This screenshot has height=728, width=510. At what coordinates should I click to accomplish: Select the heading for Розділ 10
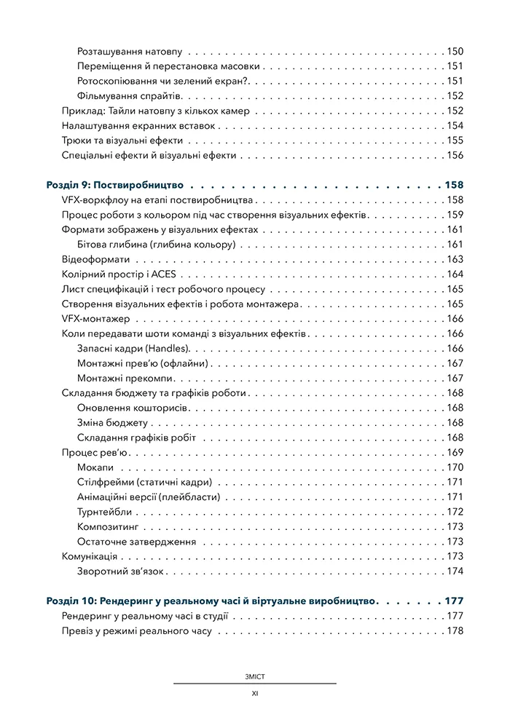211,601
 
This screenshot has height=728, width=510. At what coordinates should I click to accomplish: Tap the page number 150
455,52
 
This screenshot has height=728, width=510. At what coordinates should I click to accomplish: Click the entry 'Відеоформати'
96,259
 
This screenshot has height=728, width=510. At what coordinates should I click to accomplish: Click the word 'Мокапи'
95,467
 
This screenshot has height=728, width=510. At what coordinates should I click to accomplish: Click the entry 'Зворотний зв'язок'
119,571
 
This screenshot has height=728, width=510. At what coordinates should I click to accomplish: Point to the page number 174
455,571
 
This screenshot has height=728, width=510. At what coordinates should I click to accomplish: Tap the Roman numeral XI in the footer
255,694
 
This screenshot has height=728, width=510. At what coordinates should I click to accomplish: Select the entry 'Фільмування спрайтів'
123,96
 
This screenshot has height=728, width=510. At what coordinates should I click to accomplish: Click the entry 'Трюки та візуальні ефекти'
122,141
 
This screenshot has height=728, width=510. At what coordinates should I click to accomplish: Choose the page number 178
455,631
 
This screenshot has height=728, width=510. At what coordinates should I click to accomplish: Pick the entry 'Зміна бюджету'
112,423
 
